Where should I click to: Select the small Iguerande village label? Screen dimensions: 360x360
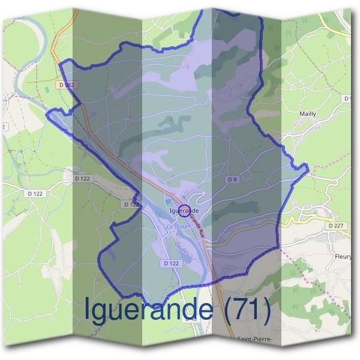184,211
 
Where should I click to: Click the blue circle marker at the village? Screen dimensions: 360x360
185,211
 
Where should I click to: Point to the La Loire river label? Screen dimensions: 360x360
178,227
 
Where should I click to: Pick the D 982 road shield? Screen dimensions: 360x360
68,85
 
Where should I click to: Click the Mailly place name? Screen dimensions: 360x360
307,113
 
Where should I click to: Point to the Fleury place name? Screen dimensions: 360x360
343,256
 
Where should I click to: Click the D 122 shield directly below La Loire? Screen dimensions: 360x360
171,263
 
